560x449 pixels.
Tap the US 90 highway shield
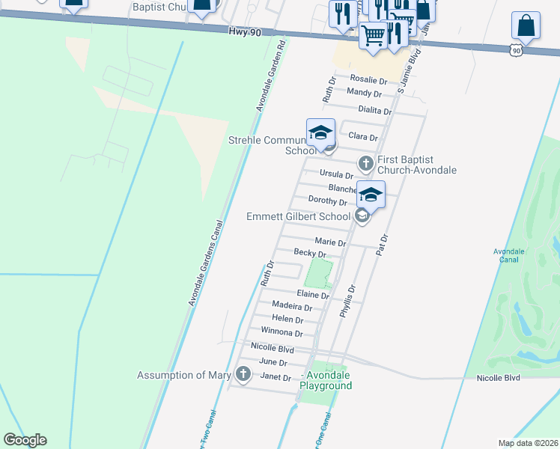pyautogui.click(x=515, y=49)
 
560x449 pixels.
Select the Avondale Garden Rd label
pyautogui.click(x=271, y=76)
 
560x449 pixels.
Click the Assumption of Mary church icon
pyautogui.click(x=243, y=373)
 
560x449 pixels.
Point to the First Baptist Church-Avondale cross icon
pyautogui.click(x=366, y=162)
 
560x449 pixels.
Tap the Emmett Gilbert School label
pyautogui.click(x=298, y=217)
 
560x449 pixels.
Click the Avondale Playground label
pyautogui.click(x=326, y=380)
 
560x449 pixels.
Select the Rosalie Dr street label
pyautogui.click(x=368, y=80)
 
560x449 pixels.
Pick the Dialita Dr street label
pyautogui.click(x=375, y=110)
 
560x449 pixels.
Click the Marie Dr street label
pyautogui.click(x=330, y=242)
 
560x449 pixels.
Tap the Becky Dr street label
pyautogui.click(x=309, y=253)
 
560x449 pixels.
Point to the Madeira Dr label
pyautogui.click(x=292, y=307)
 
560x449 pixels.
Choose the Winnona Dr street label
pyautogui.click(x=281, y=332)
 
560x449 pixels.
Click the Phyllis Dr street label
pyautogui.click(x=347, y=302)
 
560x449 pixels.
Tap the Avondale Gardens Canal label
pyautogui.click(x=206, y=263)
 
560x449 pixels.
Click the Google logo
pyautogui.click(x=25, y=440)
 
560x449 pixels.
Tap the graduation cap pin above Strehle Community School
pyautogui.click(x=320, y=132)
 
